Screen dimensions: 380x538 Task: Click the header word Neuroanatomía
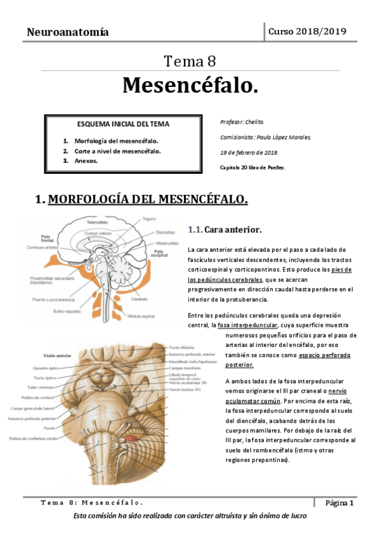(67, 32)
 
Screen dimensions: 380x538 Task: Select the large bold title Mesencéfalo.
(190, 84)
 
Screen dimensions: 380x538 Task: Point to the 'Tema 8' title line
(190, 62)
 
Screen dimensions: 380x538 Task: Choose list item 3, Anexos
(86, 161)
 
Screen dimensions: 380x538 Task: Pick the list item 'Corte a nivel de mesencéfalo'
(117, 151)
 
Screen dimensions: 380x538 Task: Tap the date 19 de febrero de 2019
(249, 152)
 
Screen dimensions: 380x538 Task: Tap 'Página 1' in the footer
(339, 502)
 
